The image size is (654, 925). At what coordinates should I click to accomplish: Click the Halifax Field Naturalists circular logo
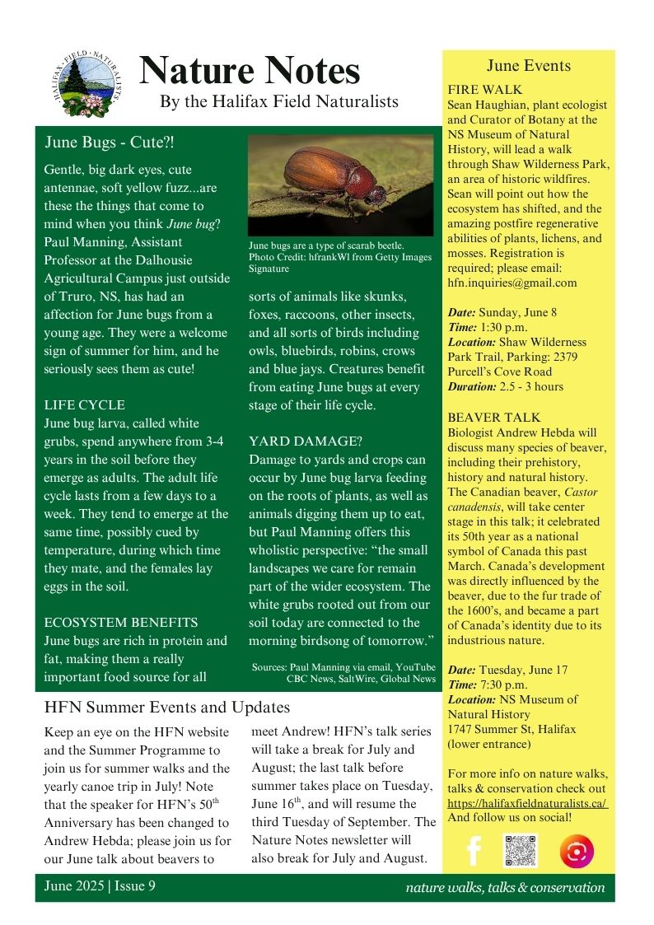point(86,84)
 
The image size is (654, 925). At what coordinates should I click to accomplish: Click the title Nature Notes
point(250,72)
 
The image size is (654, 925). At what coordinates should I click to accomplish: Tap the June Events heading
point(528,66)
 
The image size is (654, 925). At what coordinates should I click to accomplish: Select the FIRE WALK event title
point(484,89)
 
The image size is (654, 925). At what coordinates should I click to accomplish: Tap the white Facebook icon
point(473,851)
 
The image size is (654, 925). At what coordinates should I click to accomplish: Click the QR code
point(521,851)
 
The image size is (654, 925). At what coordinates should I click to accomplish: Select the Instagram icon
point(576,851)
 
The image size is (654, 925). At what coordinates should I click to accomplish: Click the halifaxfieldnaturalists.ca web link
point(527,803)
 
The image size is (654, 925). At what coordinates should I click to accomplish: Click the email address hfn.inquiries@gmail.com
point(512,283)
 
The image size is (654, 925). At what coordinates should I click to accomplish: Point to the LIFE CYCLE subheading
point(85,405)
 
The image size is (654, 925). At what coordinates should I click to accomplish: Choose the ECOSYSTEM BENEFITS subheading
point(120,623)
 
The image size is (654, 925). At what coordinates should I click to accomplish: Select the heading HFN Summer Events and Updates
point(167,707)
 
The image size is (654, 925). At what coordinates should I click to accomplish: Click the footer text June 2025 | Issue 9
point(100,886)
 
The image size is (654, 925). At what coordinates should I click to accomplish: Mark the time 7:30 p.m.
point(503,684)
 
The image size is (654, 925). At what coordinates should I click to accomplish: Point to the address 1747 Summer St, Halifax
point(512,729)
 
